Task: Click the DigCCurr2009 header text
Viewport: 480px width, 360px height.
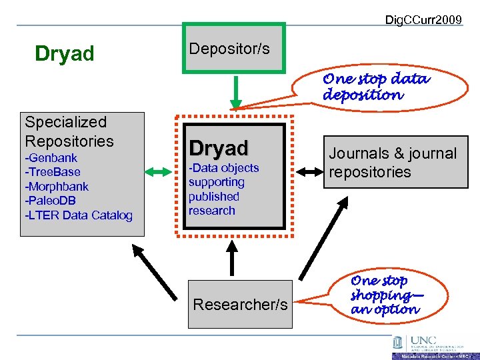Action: (423, 19)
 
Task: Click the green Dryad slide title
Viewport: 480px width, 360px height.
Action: (65, 53)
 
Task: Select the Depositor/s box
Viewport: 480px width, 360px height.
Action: (233, 48)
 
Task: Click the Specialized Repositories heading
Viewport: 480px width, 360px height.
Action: (69, 131)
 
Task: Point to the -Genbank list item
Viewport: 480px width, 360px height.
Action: (51, 158)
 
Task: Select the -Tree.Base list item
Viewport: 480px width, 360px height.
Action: (53, 172)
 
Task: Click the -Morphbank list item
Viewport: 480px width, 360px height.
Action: (57, 187)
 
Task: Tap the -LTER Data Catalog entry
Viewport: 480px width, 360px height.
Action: (78, 215)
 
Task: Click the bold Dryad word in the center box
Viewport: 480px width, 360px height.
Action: (218, 147)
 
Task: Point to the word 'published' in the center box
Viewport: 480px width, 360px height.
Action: (213, 196)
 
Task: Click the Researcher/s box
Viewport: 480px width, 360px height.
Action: (240, 305)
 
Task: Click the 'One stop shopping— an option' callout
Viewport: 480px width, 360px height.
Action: (385, 295)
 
